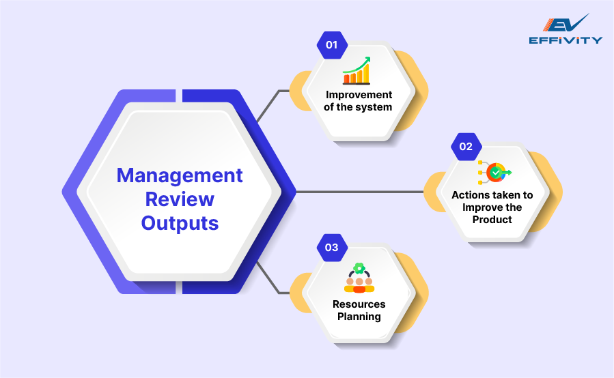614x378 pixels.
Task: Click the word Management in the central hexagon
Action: (180, 175)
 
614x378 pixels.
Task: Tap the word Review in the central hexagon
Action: (180, 199)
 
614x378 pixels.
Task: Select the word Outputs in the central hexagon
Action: (180, 222)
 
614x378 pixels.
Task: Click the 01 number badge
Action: (332, 45)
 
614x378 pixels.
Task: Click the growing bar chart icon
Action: (356, 70)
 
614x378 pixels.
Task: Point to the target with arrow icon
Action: (494, 173)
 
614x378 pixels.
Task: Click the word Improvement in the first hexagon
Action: (359, 95)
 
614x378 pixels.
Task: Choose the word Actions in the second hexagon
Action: (468, 195)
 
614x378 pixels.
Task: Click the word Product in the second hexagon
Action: (492, 219)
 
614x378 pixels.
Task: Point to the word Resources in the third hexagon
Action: (359, 304)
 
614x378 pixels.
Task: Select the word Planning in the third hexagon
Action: (359, 316)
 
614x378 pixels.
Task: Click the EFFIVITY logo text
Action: (566, 40)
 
